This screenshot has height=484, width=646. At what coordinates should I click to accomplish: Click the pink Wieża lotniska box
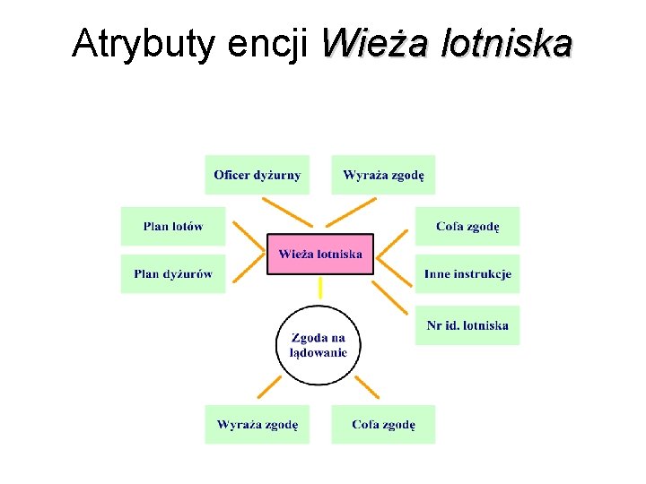[x=320, y=254]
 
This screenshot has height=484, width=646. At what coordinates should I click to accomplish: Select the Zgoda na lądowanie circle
[x=319, y=345]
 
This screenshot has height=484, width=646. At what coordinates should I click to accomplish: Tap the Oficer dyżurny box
[x=257, y=175]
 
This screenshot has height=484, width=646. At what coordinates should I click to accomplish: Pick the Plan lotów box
[x=173, y=226]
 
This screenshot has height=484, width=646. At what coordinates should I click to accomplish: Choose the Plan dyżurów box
[x=173, y=273]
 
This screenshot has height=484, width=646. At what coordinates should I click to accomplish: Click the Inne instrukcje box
[x=467, y=273]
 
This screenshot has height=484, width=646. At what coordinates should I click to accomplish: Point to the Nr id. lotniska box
[x=467, y=325]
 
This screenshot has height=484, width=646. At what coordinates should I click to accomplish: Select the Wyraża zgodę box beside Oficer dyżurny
[x=383, y=175]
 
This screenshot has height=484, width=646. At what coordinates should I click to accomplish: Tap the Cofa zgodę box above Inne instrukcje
[x=467, y=226]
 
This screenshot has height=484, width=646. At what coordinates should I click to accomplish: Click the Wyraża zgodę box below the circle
[x=257, y=424]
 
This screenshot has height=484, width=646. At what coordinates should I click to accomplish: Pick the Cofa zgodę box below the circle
[x=383, y=424]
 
